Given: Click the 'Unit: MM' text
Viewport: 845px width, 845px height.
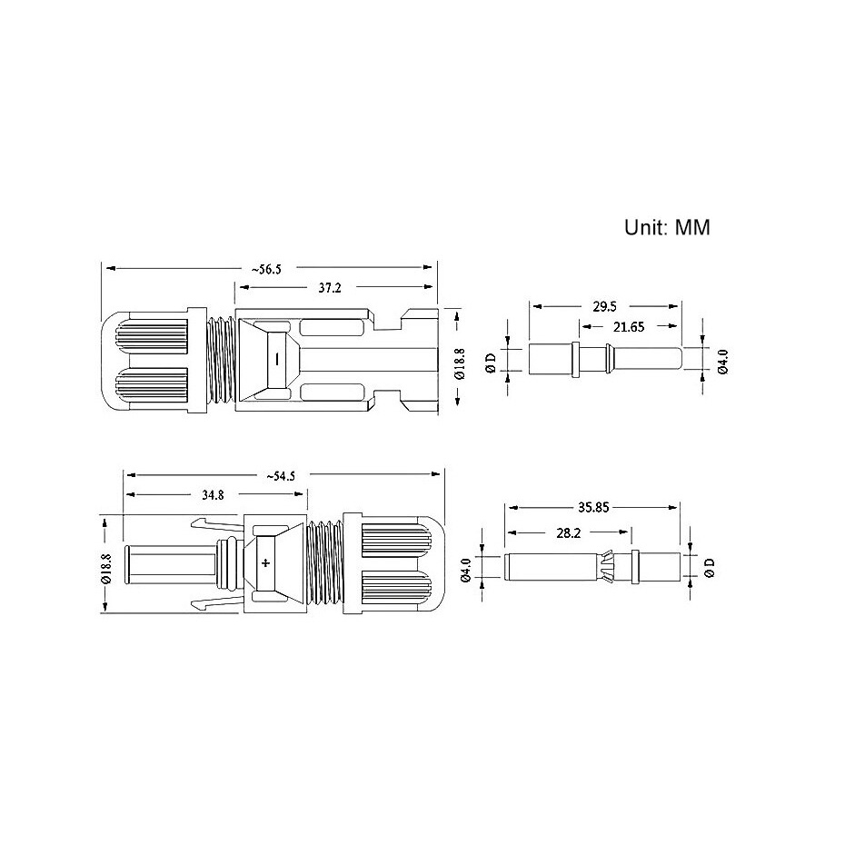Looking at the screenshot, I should (667, 227).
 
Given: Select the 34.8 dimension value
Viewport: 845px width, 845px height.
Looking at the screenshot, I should (214, 495).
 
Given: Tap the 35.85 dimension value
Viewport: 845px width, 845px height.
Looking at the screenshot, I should (594, 511).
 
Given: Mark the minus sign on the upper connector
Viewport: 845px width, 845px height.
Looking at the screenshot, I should (277, 359).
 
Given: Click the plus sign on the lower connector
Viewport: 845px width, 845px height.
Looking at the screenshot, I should (265, 563).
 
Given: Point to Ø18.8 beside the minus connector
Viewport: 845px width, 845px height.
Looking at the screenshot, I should (459, 361).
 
